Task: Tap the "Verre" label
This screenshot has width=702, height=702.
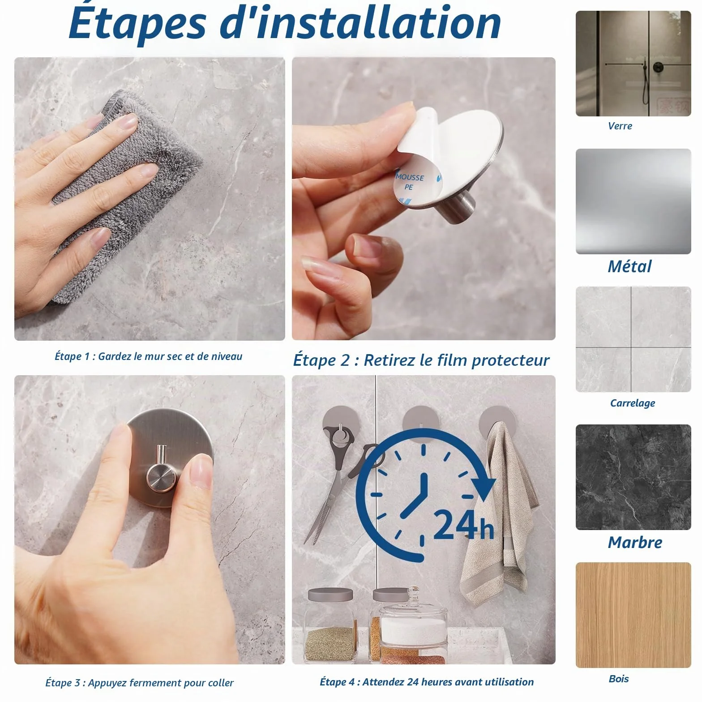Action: tap(620, 126)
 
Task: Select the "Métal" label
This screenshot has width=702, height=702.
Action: tap(629, 266)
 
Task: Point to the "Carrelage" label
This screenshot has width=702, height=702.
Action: tap(633, 403)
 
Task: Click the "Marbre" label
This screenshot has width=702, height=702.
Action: tap(635, 542)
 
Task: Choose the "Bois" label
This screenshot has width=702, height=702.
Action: tap(619, 679)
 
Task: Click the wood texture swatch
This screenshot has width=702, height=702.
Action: tap(633, 615)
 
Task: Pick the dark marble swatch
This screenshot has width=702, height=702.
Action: tap(633, 477)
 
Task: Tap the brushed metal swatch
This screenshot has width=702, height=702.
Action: tap(633, 201)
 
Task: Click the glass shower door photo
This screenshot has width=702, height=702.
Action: tap(633, 64)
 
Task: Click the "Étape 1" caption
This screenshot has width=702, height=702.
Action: tap(148, 356)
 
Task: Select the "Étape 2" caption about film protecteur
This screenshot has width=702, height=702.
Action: tap(421, 360)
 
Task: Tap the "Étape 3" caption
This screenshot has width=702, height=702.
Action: tap(139, 683)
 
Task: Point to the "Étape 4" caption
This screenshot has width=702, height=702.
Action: tap(427, 682)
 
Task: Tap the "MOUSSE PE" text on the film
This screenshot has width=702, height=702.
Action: tap(409, 182)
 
